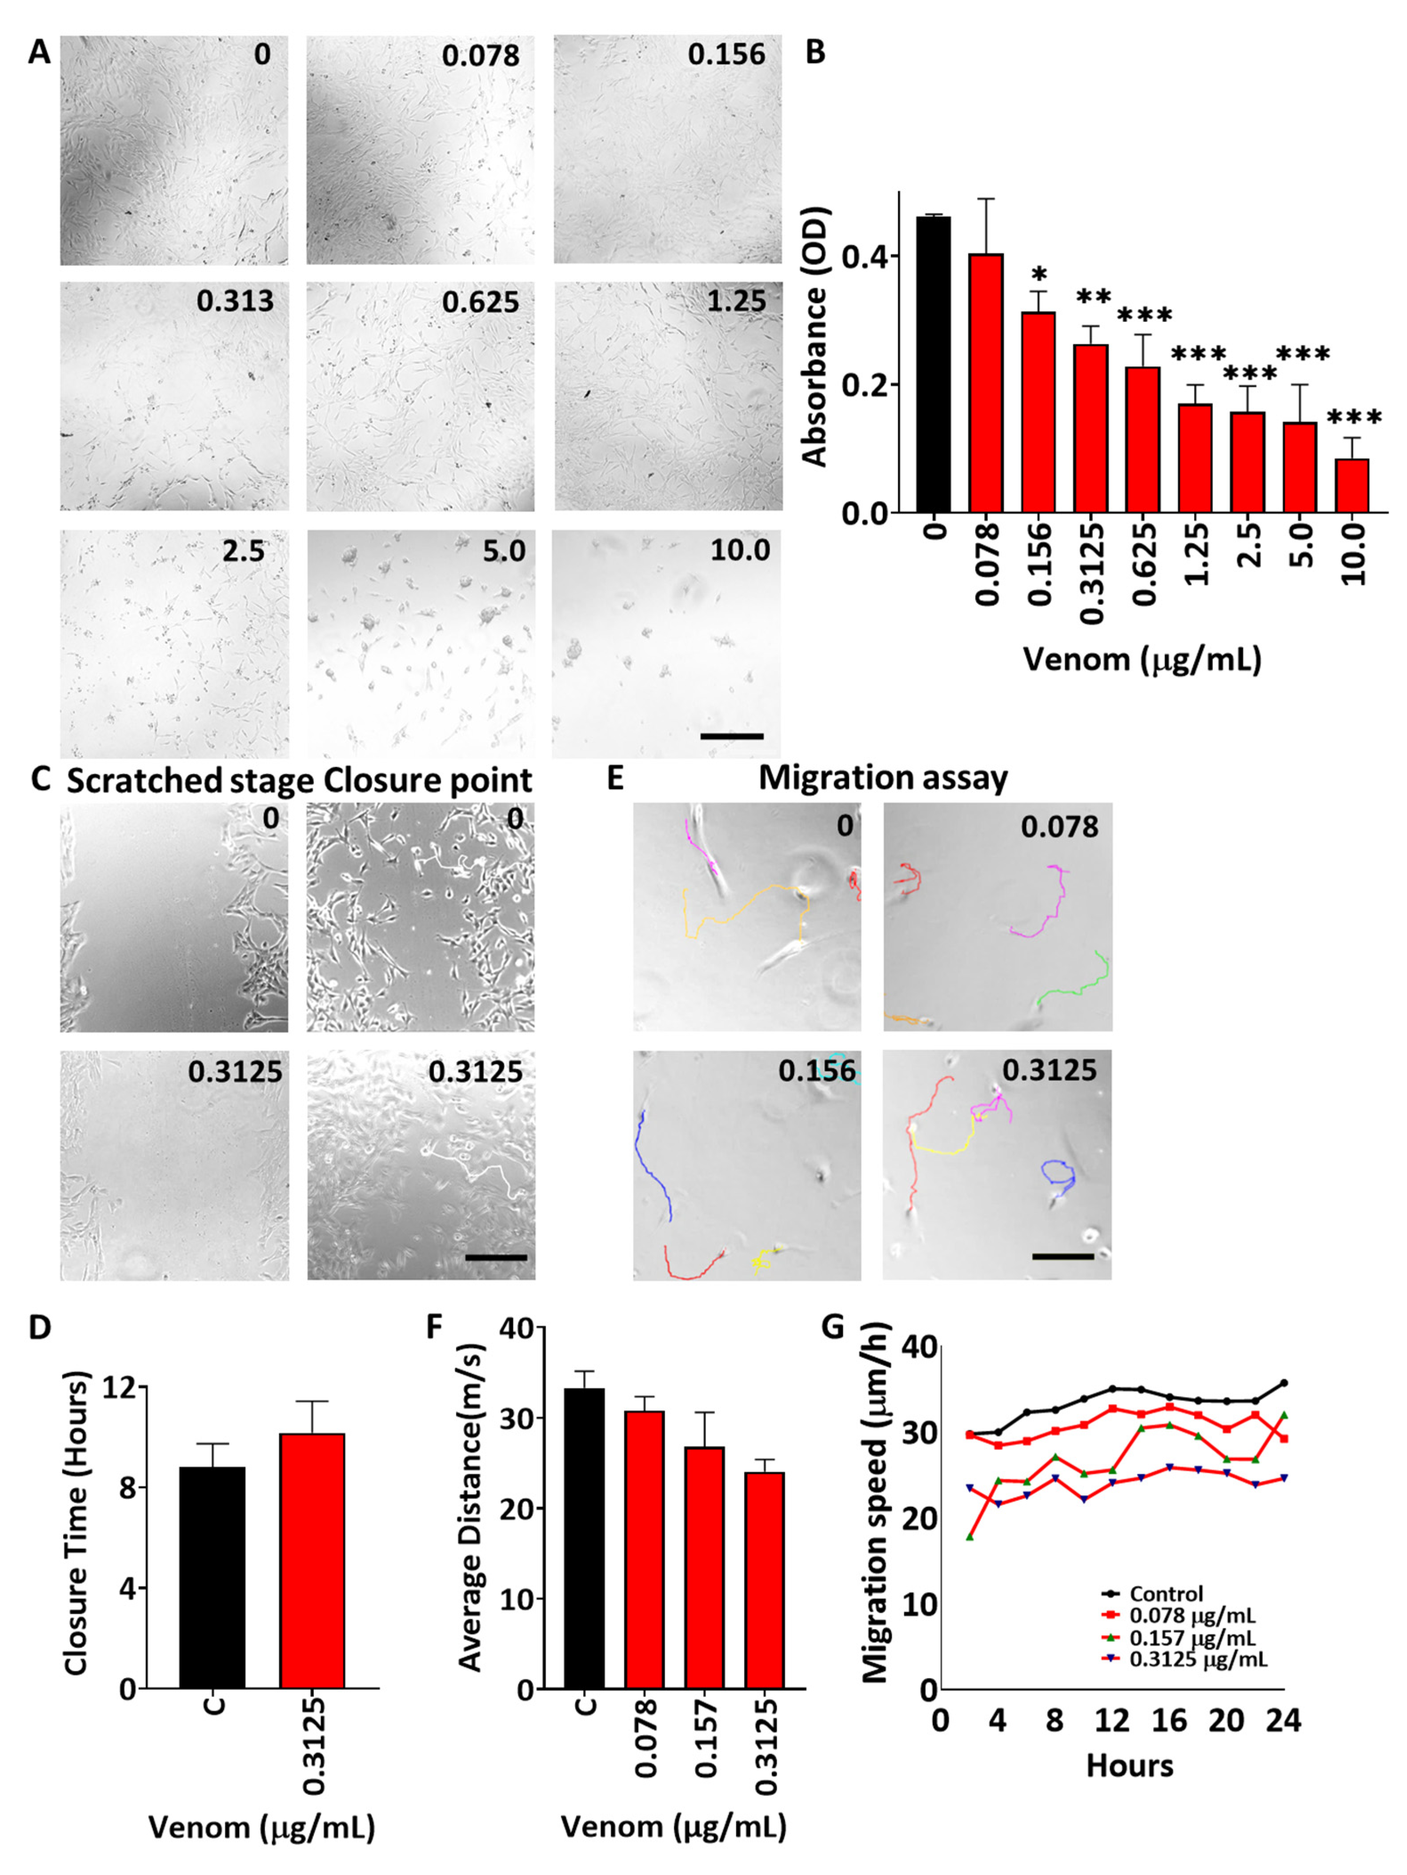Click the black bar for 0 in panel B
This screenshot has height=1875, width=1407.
click(x=933, y=365)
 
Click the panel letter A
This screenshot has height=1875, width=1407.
click(x=39, y=52)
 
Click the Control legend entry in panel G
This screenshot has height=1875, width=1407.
click(x=1166, y=1594)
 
